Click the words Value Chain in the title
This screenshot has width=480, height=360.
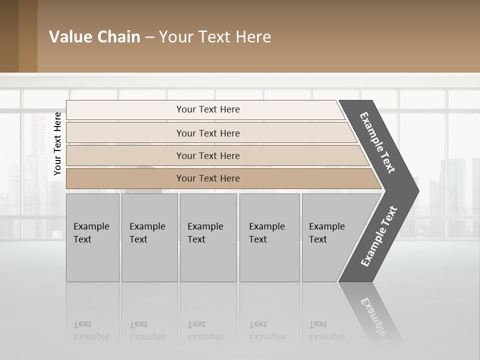(94, 37)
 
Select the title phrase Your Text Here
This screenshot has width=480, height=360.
(215, 37)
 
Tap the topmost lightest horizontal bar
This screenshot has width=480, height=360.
(207, 109)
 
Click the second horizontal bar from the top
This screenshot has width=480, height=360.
(207, 133)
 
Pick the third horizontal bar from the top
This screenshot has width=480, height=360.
(207, 155)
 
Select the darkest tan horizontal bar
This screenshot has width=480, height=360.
(207, 178)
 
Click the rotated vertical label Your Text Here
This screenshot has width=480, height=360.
(57, 143)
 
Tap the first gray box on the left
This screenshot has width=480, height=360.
(92, 237)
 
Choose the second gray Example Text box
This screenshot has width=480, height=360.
(149, 237)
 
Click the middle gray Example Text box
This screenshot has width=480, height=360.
(208, 237)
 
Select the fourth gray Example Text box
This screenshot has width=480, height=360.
(269, 237)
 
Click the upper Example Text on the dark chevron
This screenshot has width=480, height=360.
(377, 142)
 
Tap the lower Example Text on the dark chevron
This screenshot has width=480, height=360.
(379, 236)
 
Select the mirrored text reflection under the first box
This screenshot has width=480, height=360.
(91, 330)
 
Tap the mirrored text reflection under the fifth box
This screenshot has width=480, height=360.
(326, 330)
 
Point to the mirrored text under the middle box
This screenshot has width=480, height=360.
(205, 330)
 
